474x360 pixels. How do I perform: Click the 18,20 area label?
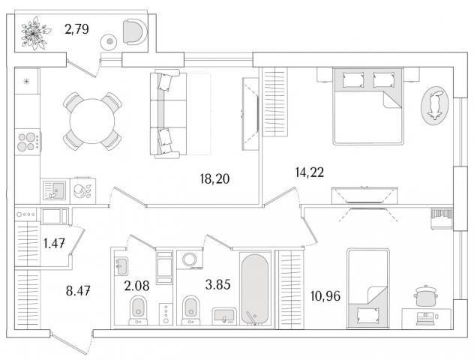(214, 178)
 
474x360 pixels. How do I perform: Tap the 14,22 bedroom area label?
(309, 172)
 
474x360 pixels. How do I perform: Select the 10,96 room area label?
(325, 296)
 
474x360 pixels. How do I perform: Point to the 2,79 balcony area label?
(76, 29)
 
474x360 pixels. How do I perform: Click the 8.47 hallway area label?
(78, 291)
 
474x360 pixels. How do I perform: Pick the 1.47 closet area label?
(55, 243)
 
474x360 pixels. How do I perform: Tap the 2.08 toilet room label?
(136, 285)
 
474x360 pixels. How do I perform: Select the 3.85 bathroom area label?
(217, 284)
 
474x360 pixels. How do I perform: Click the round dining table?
(92, 121)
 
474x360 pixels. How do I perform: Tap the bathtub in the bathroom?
(255, 289)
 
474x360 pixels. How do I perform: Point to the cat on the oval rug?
(435, 104)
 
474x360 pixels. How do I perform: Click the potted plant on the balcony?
(34, 34)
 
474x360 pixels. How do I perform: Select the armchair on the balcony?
(135, 31)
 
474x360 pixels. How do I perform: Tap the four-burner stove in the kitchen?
(28, 142)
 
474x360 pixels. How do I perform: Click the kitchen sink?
(54, 190)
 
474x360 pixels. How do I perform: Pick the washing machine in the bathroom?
(189, 259)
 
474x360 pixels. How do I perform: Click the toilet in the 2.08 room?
(138, 310)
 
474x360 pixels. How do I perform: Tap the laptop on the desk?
(425, 319)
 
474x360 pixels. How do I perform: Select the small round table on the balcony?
(109, 41)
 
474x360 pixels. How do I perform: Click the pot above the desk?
(426, 295)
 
